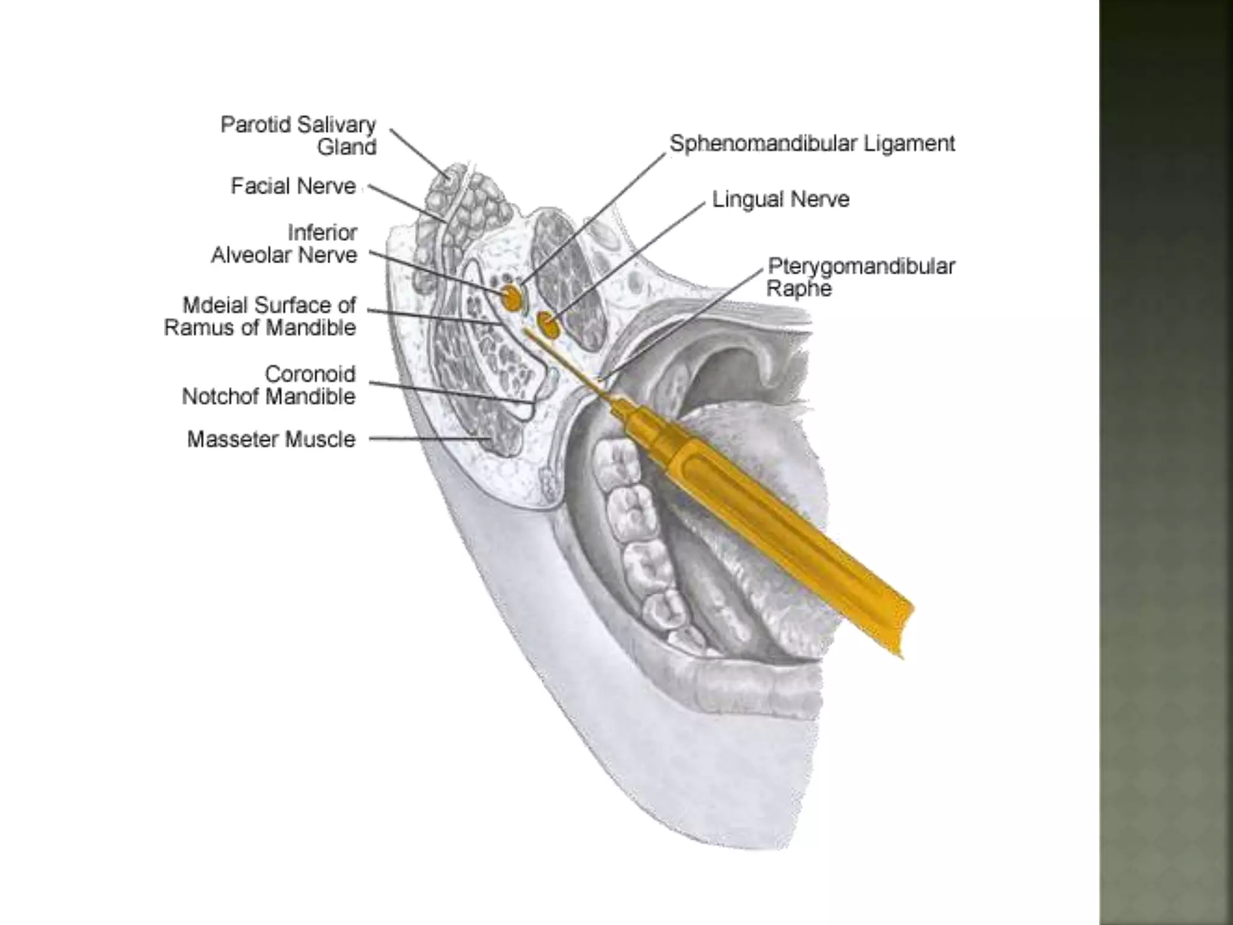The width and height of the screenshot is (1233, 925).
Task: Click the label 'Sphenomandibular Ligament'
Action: [x=812, y=144]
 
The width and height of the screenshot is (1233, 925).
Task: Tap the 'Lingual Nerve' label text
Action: [x=780, y=199]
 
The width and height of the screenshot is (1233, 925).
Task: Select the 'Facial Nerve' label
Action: [x=293, y=186]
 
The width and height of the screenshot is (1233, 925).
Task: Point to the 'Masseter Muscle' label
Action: [x=271, y=439]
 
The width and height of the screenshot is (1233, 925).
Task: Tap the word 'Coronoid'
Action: [x=310, y=374]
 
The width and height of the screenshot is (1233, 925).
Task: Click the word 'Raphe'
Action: [x=799, y=288]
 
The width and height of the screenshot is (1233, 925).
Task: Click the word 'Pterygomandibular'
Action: [x=862, y=266]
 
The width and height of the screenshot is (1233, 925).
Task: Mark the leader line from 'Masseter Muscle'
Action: [x=427, y=439]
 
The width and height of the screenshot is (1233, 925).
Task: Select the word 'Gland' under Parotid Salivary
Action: [x=347, y=147]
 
